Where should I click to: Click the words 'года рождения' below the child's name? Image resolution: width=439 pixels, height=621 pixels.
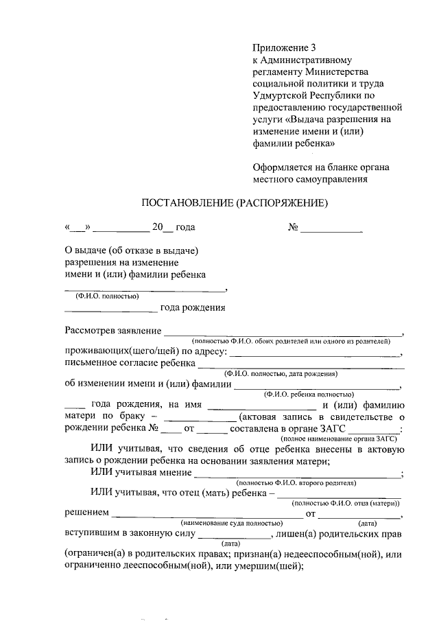tap(193, 307)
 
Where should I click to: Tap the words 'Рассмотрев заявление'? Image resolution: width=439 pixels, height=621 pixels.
tap(112, 331)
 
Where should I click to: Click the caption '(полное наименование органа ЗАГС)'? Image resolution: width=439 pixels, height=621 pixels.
tap(340, 437)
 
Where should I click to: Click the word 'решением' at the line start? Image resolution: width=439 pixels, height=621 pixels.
tap(87, 513)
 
